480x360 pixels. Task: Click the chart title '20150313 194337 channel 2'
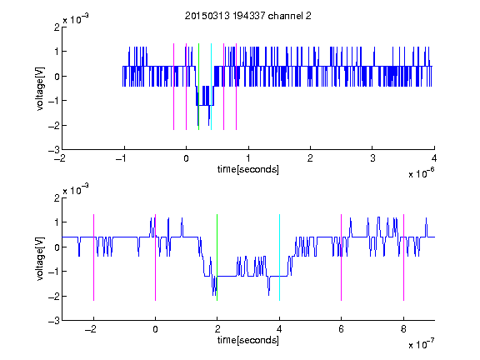coord(248,16)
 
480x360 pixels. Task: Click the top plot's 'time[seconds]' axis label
coord(248,169)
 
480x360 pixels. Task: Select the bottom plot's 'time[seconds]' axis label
coord(248,340)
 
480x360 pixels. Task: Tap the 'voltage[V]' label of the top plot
coord(40,88)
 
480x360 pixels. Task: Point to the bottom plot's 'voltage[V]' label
coord(40,258)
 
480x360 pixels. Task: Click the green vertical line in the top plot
coord(198,87)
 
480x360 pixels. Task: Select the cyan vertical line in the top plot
coord(211,87)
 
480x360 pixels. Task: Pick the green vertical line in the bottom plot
coord(217,257)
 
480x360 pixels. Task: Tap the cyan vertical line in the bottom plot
coord(279,257)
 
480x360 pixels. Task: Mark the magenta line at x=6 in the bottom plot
coord(342,257)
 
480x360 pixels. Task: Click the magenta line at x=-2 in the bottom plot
coord(93,257)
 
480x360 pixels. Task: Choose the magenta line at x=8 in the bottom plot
coord(404,257)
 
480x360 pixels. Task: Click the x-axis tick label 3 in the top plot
coord(372,158)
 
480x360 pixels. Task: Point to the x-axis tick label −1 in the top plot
coord(122,158)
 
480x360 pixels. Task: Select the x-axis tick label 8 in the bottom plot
coord(403,329)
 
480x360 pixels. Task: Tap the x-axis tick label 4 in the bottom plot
coord(279,329)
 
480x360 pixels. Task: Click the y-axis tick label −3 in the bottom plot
coord(54,321)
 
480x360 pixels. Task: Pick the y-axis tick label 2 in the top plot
coord(57,27)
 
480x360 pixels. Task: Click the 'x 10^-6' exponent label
coord(422,173)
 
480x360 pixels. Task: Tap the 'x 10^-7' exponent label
coord(422,344)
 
